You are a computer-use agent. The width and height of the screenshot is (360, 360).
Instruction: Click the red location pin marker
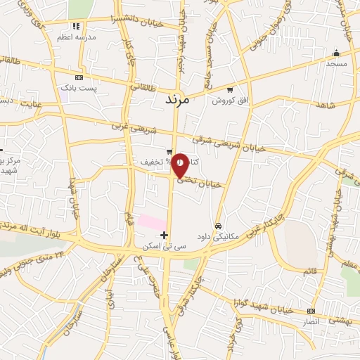coord(180,165)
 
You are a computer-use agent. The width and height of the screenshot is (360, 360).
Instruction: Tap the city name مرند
coord(177,99)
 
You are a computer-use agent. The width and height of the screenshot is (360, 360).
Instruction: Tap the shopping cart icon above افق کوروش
coord(231,89)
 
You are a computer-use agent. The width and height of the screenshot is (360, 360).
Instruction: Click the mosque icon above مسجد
coord(336,52)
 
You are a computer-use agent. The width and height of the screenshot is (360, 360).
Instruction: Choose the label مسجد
coord(336,63)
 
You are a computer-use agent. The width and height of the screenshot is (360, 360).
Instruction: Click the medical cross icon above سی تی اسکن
coord(165,234)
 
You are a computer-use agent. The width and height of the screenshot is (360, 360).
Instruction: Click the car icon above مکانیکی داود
coord(219,226)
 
